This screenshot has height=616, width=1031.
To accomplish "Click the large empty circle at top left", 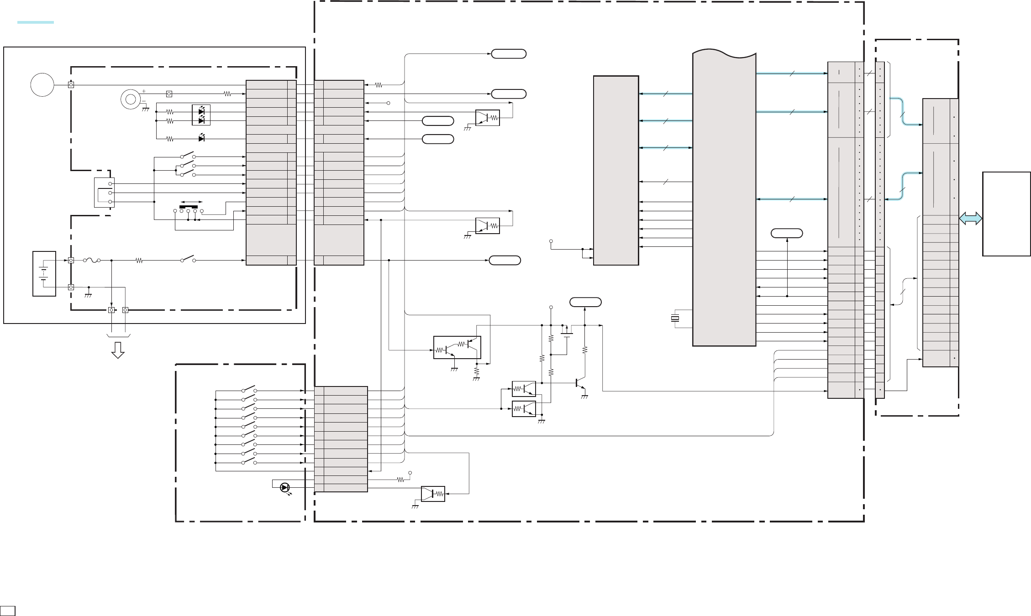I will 42,85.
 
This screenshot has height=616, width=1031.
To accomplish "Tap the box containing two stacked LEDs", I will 201,115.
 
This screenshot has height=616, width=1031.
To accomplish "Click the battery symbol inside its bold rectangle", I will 44,274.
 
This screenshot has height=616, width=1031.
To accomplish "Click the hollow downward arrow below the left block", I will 118,350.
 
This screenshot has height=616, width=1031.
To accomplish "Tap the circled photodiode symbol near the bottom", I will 285,488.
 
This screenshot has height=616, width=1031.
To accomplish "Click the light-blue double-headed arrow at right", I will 970,219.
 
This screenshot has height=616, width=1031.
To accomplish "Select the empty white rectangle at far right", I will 1006,214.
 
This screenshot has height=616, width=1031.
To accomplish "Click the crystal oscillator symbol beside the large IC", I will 675,319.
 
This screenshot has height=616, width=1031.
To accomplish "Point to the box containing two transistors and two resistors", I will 457,348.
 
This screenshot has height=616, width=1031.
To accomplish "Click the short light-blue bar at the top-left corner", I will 36,22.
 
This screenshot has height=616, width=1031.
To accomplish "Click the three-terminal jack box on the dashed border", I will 104,192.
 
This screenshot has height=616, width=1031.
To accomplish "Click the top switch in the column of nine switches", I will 249,390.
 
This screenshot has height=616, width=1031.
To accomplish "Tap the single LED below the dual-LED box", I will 201,138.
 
